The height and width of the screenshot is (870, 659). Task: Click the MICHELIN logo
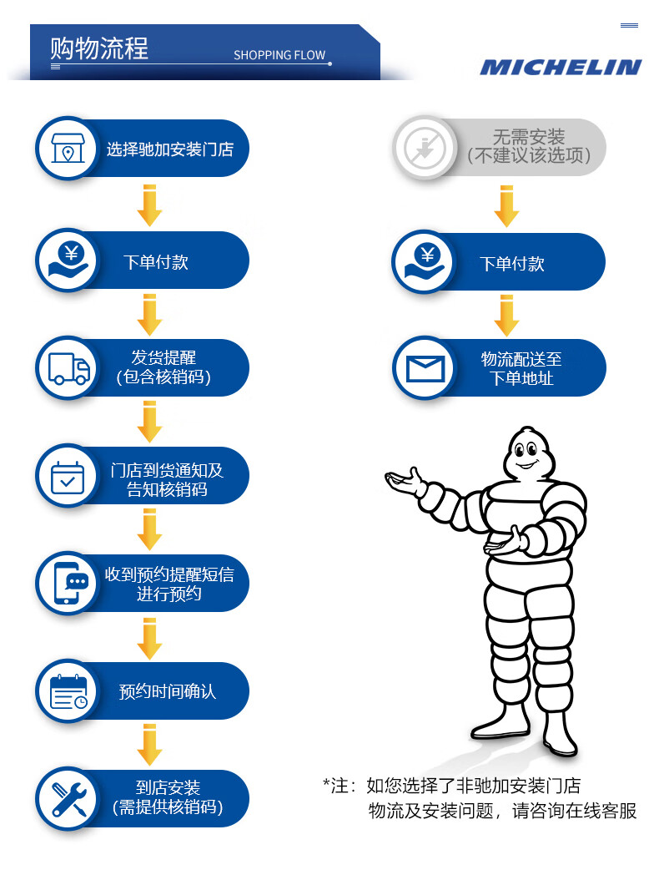coord(560,68)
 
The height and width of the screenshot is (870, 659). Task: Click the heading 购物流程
coord(99,48)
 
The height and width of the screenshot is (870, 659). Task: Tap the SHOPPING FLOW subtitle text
coord(279,55)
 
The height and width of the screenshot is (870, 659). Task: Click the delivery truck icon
coord(68,368)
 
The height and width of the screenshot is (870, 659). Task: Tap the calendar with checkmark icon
coord(67,478)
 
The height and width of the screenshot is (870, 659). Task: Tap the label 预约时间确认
coord(168,692)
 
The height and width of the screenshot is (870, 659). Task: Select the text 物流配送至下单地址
coord(521,368)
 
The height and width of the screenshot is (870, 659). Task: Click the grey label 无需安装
coord(528,137)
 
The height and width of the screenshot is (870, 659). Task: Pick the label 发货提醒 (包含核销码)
coord(163,367)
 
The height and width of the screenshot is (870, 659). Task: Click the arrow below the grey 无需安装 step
coord(506,205)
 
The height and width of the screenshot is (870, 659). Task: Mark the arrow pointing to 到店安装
coord(149,744)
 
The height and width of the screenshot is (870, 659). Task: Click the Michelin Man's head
coord(526,452)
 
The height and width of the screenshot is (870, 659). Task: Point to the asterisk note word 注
coord(339,786)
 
